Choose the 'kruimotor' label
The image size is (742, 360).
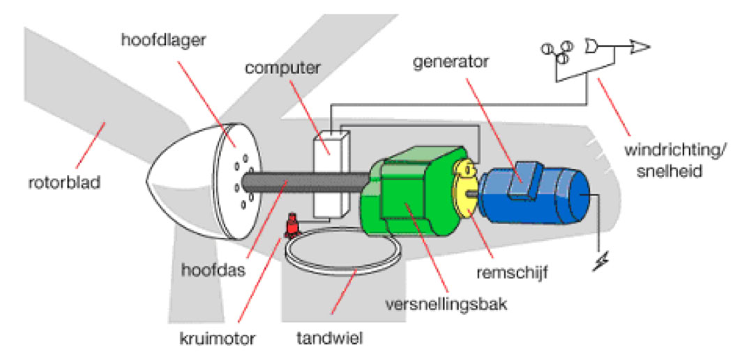coord(220,340)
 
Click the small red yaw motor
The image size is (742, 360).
coord(291,226)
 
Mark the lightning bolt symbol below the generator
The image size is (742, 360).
coord(598,264)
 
